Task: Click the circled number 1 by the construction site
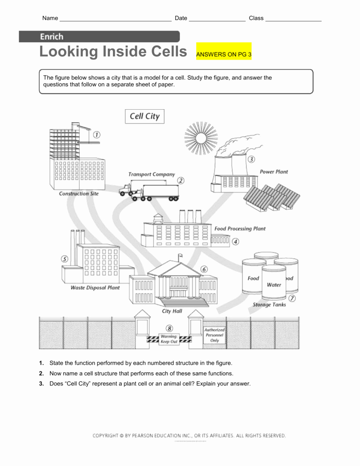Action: (96, 135)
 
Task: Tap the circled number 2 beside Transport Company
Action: (181, 180)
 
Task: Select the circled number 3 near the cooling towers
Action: (251, 159)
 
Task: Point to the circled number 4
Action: (235, 242)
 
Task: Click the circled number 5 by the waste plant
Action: (65, 259)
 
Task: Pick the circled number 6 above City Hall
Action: (204, 269)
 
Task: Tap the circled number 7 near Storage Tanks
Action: (292, 299)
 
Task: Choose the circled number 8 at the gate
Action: (169, 328)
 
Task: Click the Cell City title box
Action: (145, 116)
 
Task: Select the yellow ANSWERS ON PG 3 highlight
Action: (223, 54)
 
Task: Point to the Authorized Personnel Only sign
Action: (214, 334)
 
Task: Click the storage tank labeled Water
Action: (274, 284)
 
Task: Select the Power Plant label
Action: (274, 172)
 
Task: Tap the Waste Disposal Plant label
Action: (95, 288)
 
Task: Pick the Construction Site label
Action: (79, 193)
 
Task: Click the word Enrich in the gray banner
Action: (51, 37)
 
